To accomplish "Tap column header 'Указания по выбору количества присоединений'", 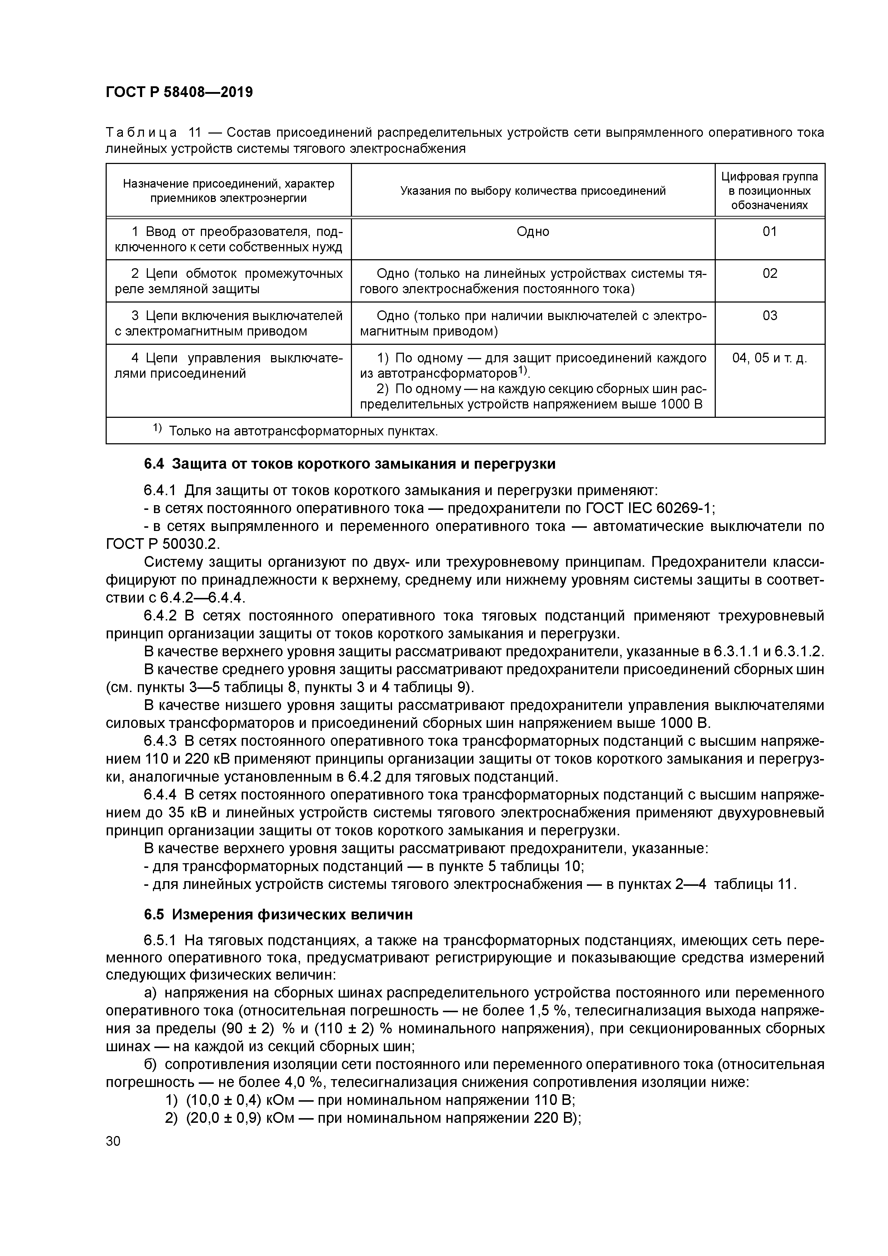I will click(532, 191).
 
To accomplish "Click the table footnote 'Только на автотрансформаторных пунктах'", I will click(303, 431).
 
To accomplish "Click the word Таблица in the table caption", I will click(141, 132).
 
